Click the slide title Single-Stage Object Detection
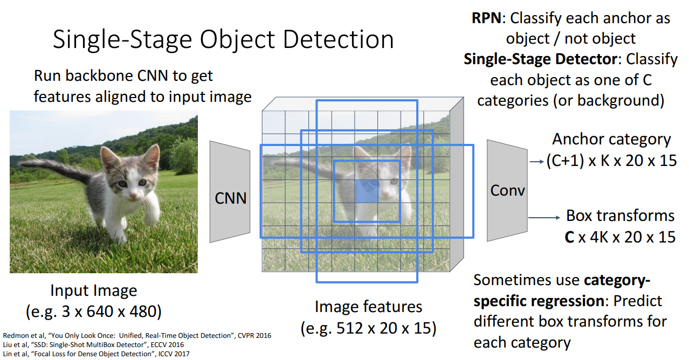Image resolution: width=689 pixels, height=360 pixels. click(223, 40)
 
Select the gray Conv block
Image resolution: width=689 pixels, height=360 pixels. click(507, 190)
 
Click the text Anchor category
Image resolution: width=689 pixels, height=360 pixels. click(611, 140)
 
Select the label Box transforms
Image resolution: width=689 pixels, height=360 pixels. click(620, 216)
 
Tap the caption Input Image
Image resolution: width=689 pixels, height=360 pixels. click(94, 291)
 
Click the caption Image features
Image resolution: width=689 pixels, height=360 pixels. click(368, 307)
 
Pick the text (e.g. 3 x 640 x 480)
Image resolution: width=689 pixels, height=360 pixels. click(94, 311)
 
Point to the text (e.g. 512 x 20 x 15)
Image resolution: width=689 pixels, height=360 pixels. click(368, 328)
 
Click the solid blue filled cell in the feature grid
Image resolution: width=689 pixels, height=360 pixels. click(367, 191)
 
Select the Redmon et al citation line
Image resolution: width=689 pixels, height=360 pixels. click(137, 336)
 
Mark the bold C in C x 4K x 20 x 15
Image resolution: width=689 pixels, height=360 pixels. click(569, 237)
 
